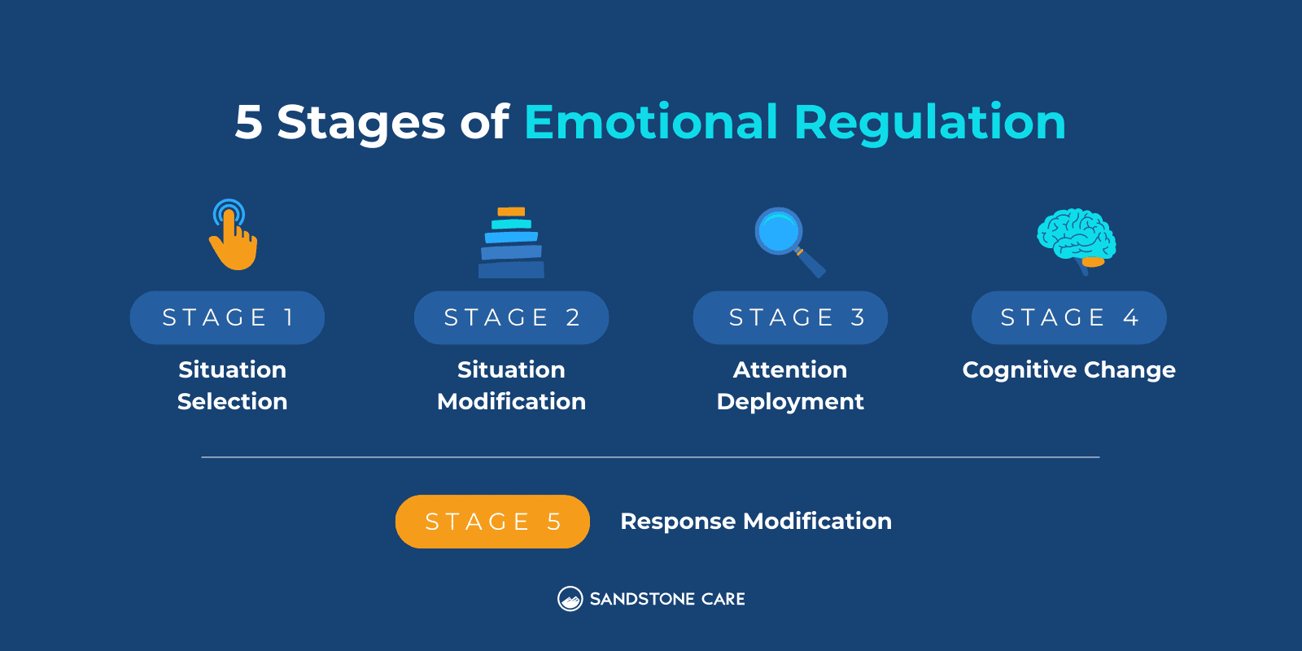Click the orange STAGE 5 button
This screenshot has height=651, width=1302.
(492, 522)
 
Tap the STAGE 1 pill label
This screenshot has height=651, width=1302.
(227, 317)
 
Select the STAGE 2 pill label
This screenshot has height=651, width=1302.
(511, 317)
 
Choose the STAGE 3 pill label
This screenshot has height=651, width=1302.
(790, 317)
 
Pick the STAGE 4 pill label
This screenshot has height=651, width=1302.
(1068, 317)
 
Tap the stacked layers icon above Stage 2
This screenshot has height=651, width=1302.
(511, 243)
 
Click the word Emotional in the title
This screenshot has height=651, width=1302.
(651, 123)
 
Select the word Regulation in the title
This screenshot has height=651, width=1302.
(929, 123)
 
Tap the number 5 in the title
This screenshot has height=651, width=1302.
(248, 123)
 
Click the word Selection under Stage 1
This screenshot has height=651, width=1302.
(232, 402)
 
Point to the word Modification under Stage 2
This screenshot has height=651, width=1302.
(511, 402)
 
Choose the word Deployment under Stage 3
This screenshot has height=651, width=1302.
(790, 402)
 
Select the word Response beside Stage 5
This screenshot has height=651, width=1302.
(678, 522)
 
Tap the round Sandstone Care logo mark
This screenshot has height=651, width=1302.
(570, 599)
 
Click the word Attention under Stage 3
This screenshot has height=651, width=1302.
(790, 370)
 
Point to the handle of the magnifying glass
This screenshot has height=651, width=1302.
(812, 264)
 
